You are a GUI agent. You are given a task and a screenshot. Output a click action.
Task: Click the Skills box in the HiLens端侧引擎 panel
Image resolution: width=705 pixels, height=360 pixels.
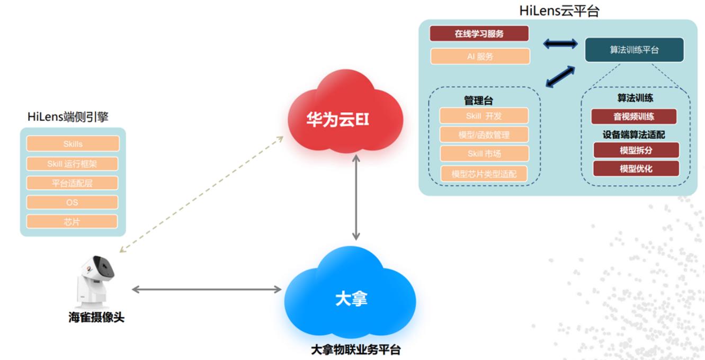pos(73,144)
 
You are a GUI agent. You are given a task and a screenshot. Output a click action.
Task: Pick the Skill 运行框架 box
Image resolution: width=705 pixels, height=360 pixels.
pos(73,164)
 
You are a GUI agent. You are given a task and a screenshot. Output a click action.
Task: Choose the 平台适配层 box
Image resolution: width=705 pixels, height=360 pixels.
pos(73,183)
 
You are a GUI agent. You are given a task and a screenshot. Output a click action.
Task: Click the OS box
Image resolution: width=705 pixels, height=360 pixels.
pos(73,202)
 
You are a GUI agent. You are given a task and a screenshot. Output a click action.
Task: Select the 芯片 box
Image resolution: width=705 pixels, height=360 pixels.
pos(73,222)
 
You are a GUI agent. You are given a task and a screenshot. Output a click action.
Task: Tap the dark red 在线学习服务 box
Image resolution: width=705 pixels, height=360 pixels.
pos(479,33)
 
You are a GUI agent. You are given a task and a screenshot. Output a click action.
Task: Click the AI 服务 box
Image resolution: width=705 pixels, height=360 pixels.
pos(480,56)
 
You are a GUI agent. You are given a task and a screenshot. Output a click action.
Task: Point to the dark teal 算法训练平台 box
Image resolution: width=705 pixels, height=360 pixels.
pos(634,49)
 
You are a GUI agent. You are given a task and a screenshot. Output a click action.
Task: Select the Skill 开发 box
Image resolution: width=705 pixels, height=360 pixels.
pos(484,116)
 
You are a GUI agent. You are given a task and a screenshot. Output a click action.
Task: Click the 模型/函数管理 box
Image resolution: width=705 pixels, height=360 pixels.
pos(484,134)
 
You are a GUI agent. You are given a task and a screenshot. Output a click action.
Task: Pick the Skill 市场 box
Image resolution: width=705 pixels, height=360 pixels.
pos(484,154)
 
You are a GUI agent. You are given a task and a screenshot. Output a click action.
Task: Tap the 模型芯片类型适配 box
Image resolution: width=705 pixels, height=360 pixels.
pos(484,173)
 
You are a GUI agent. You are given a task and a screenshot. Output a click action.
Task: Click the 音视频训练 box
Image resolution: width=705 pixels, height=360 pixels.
pos(633,116)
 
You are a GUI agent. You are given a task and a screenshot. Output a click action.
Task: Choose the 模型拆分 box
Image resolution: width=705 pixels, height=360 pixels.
pos(636,150)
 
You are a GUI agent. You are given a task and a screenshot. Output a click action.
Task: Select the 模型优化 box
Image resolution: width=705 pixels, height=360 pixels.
pos(636,169)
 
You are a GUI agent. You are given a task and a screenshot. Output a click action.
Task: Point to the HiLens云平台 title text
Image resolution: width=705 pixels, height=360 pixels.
pos(559,11)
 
